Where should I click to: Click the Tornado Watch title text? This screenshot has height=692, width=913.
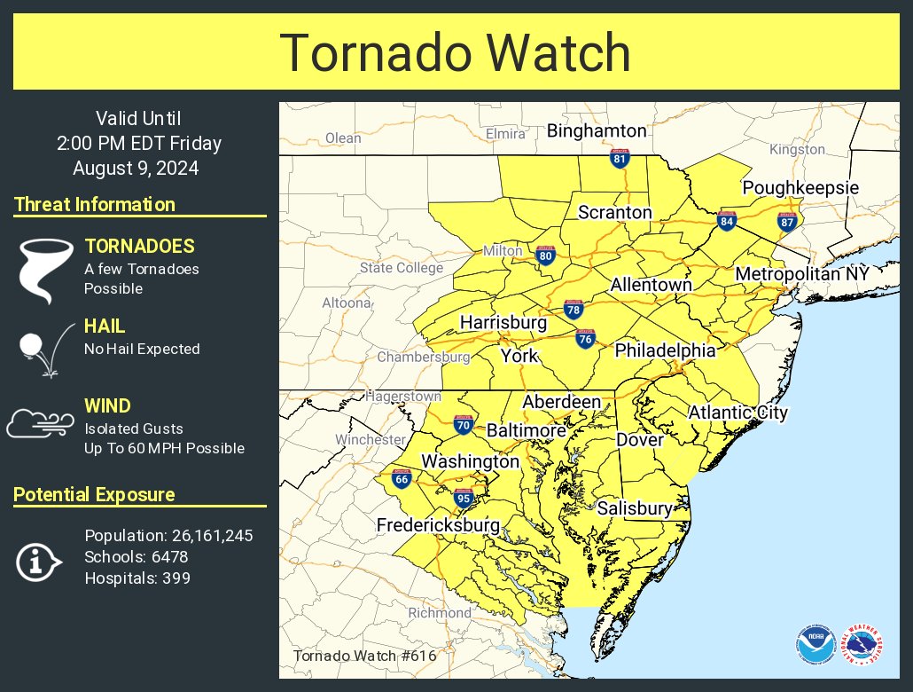click(456, 53)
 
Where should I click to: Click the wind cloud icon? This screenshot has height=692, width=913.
click(40, 423)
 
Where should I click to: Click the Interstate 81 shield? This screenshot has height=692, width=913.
click(620, 159)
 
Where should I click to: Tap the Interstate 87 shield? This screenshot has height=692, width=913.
click(786, 222)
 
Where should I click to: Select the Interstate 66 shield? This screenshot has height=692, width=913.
click(401, 478)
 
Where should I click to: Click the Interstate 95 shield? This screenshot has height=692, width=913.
click(463, 497)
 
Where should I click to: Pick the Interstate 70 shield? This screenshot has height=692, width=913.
click(463, 425)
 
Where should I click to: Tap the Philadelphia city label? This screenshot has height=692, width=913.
click(665, 350)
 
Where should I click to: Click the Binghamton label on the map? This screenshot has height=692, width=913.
click(597, 131)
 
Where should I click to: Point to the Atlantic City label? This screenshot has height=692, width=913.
click(737, 413)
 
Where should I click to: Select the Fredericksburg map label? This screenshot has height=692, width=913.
click(438, 525)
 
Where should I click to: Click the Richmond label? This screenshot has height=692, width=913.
click(440, 613)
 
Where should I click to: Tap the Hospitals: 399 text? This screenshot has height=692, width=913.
click(137, 578)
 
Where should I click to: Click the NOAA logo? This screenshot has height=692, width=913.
click(814, 645)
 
